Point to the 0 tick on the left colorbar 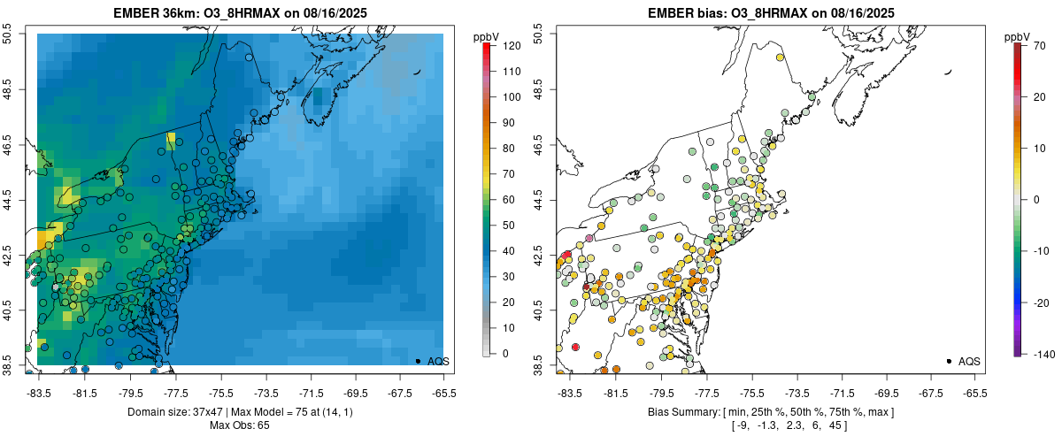pos(502,354)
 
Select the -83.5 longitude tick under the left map pos(38,392)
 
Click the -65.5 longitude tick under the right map pos(974,392)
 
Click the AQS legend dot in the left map pos(418,361)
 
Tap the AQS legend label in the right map pos(970,361)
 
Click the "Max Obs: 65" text pos(240,425)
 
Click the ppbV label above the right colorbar pos(1018,37)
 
